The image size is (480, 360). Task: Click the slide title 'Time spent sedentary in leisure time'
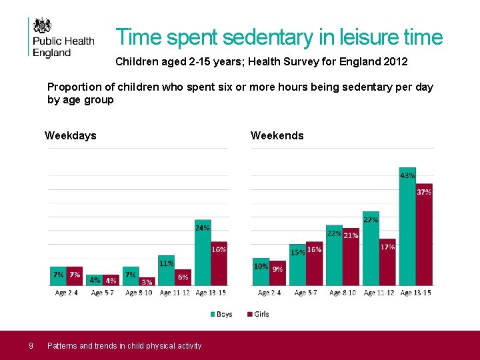click(279, 37)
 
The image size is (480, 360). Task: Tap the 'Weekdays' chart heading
click(70, 136)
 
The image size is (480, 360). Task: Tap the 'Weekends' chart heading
click(277, 136)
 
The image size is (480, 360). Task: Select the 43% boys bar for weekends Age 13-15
click(407, 227)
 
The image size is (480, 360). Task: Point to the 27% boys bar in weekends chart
click(371, 249)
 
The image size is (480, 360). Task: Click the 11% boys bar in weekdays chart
click(166, 270)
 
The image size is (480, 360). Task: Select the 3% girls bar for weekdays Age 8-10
click(147, 281)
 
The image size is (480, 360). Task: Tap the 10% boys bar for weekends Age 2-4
click(261, 272)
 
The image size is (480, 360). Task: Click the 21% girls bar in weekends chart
click(351, 257)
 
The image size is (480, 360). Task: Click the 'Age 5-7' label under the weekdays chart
click(103, 293)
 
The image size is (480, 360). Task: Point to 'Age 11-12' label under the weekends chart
click(379, 293)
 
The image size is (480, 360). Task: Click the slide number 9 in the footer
click(31, 345)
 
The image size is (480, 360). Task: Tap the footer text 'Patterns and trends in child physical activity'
click(124, 345)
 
